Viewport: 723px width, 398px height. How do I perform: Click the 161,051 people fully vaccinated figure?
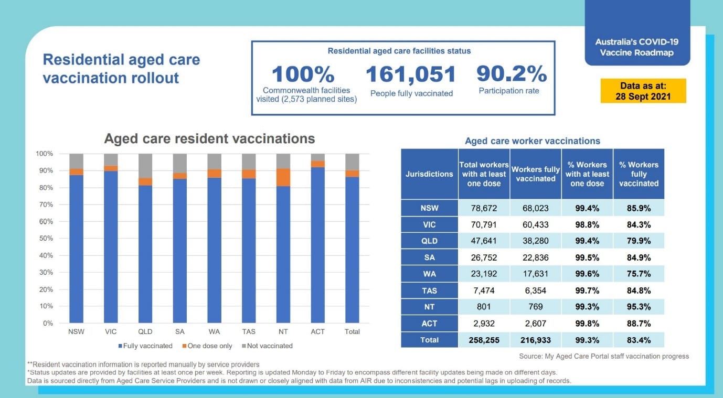tap(411, 74)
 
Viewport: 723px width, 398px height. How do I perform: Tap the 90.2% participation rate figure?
tap(512, 74)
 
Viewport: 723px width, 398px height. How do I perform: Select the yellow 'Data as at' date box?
tap(643, 91)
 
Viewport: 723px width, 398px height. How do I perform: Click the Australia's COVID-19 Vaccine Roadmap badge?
tap(637, 47)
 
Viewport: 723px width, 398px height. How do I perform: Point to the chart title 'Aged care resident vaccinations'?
tap(209, 138)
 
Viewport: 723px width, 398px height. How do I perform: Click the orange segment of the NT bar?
tap(283, 177)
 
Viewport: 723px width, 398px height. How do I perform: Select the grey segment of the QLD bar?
tap(145, 166)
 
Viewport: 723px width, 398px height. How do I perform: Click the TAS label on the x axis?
tap(249, 331)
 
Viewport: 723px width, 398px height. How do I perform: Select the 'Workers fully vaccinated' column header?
tap(535, 174)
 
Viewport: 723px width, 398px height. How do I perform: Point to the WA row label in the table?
tap(429, 274)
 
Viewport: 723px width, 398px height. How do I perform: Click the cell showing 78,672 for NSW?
tap(484, 208)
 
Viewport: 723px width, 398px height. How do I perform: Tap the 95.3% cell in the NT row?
tap(639, 307)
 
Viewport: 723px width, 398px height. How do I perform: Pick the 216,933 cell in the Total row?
tap(535, 340)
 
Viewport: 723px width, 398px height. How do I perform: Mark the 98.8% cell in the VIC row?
tap(587, 224)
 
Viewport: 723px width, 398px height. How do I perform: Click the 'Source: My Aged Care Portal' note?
tap(604, 356)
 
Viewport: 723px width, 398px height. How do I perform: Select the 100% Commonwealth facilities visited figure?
tap(303, 74)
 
